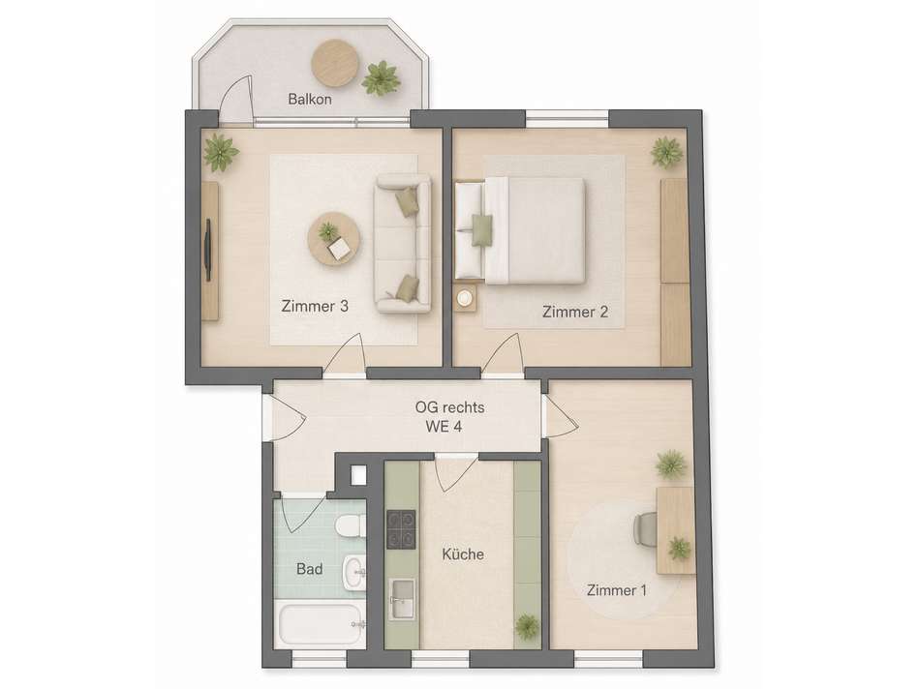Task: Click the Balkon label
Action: (x=310, y=99)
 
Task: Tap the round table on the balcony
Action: (x=334, y=63)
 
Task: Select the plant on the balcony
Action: (x=381, y=77)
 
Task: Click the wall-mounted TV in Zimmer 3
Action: (x=207, y=251)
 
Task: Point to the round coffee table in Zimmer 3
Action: (x=334, y=239)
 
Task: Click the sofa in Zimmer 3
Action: (x=403, y=243)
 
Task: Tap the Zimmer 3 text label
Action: (x=315, y=306)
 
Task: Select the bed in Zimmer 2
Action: (x=520, y=230)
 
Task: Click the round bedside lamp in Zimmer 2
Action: (x=465, y=298)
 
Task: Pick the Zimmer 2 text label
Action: (x=575, y=312)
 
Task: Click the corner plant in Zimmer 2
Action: (x=667, y=153)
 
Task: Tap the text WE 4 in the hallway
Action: (x=445, y=427)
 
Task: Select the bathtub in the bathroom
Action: (x=321, y=624)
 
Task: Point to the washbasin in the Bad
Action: (x=354, y=572)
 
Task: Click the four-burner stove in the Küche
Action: (x=401, y=529)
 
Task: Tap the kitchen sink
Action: (x=402, y=598)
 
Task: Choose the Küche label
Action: (x=463, y=554)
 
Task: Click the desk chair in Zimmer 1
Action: (x=645, y=529)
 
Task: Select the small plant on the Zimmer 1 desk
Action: (x=679, y=549)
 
